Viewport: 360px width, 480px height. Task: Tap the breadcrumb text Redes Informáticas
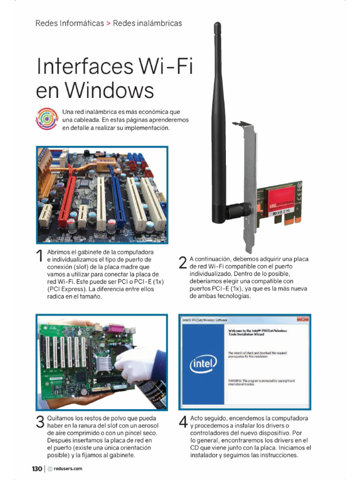[x=69, y=23]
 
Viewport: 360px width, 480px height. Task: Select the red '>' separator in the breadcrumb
[x=108, y=23]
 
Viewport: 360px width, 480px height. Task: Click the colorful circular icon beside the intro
[x=46, y=118]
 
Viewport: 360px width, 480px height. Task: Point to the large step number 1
[x=40, y=256]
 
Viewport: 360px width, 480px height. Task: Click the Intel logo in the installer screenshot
[x=203, y=362]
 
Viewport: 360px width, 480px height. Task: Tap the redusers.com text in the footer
[x=68, y=468]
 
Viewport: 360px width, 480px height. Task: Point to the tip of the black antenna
[x=217, y=24]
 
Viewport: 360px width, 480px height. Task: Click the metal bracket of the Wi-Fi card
[x=250, y=187]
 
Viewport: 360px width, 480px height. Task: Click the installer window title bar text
[x=205, y=320]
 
